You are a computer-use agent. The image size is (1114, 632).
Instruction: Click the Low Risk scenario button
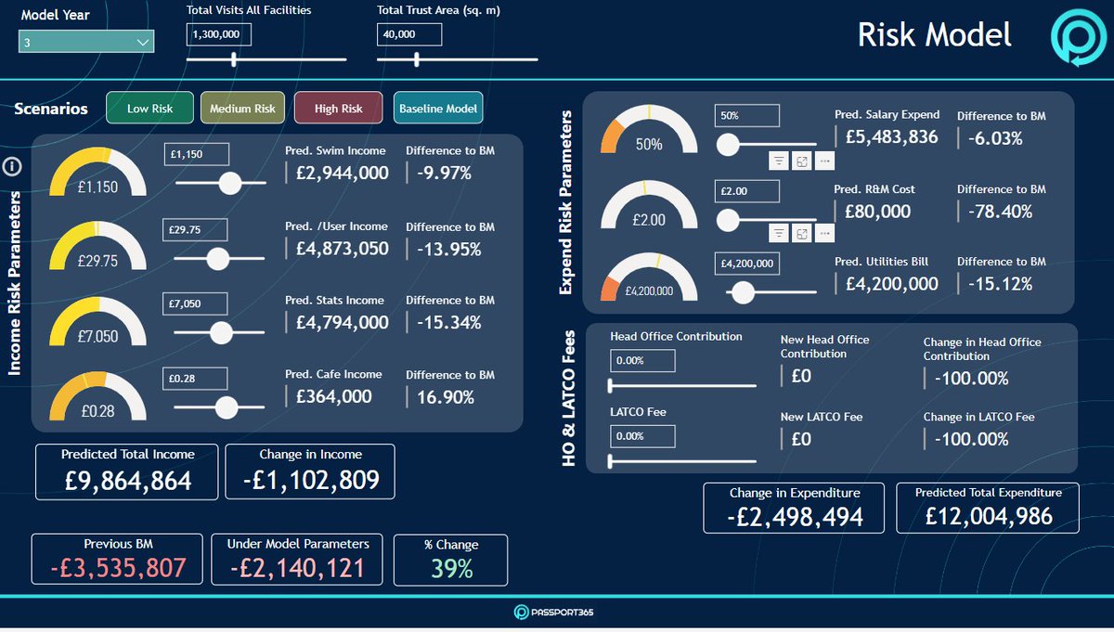[149, 109]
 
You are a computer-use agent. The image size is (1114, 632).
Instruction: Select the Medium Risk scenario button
[242, 109]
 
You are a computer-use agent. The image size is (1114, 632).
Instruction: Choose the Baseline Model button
[438, 109]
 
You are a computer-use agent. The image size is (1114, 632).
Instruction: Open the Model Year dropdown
[86, 42]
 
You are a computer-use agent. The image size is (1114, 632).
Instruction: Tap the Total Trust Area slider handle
[417, 59]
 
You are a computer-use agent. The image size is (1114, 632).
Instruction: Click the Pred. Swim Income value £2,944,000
[342, 173]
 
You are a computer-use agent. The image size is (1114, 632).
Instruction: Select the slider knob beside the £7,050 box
[221, 332]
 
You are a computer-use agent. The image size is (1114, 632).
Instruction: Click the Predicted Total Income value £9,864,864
[128, 480]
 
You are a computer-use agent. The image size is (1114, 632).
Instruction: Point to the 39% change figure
[451, 569]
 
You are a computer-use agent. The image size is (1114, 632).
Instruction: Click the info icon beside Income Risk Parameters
[13, 167]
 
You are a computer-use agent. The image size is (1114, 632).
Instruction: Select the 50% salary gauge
[649, 129]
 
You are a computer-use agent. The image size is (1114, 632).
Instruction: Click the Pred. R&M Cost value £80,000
[878, 212]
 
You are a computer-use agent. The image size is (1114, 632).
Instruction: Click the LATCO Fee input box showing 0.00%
[641, 436]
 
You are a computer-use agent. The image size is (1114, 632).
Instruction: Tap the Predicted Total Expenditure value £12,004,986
[988, 516]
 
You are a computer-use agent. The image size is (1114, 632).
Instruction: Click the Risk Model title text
[934, 35]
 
